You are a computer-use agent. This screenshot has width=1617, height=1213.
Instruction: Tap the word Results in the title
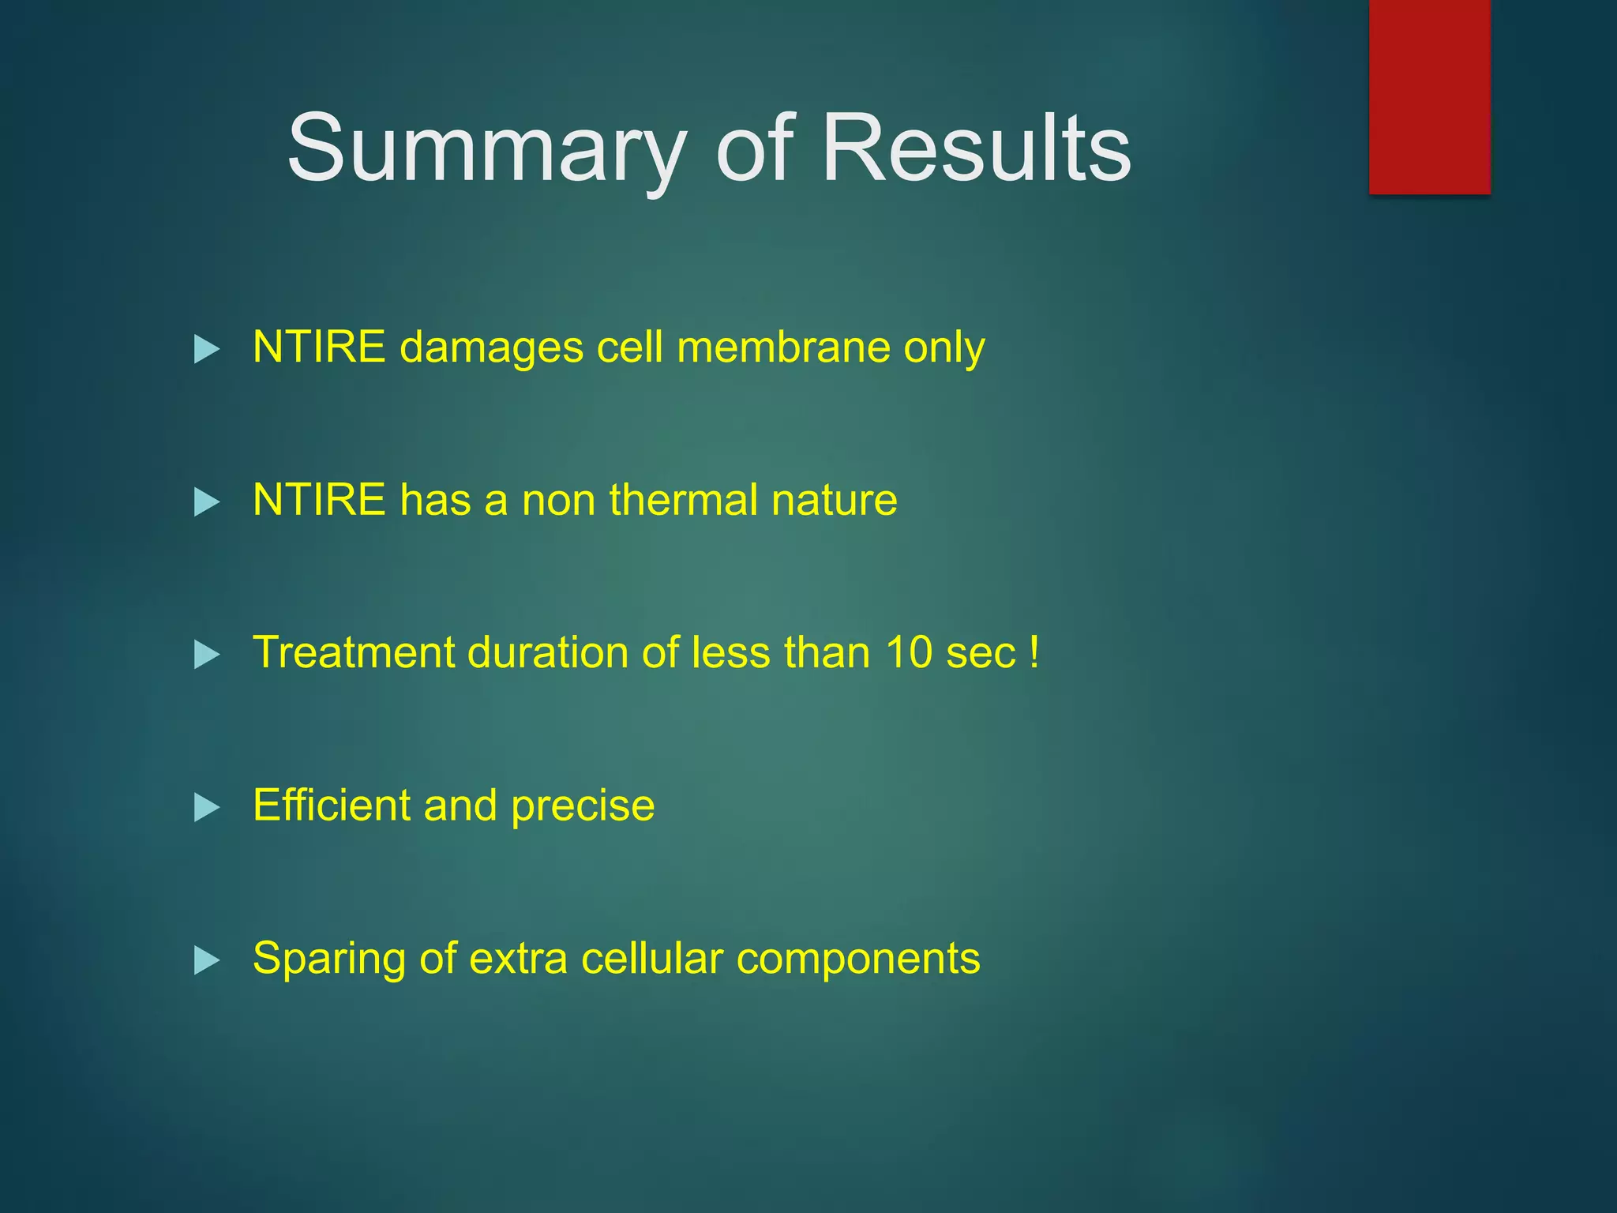pyautogui.click(x=976, y=148)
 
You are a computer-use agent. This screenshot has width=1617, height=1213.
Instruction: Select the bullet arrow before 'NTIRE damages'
pyautogui.click(x=206, y=348)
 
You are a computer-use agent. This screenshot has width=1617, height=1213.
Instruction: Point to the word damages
pyautogui.click(x=491, y=348)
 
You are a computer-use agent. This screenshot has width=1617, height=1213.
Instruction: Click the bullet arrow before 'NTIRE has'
pyautogui.click(x=206, y=501)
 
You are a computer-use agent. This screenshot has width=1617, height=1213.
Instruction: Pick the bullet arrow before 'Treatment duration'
pyautogui.click(x=206, y=654)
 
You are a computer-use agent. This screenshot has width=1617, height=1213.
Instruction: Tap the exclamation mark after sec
pyautogui.click(x=1034, y=653)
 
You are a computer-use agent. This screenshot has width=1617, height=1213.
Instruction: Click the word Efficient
pyautogui.click(x=331, y=806)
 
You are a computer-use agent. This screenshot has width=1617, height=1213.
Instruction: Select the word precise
pyautogui.click(x=582, y=807)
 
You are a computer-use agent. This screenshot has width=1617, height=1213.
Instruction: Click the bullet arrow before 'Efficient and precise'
pyautogui.click(x=206, y=807)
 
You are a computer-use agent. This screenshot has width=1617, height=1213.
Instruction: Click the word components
pyautogui.click(x=857, y=960)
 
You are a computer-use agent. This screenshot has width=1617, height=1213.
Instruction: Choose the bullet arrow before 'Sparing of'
pyautogui.click(x=206, y=960)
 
